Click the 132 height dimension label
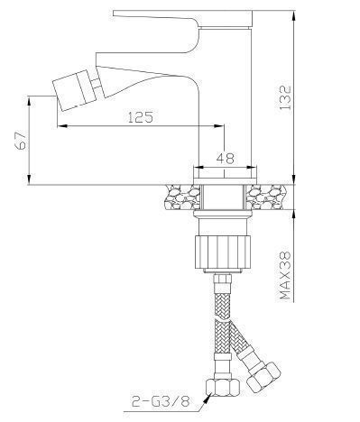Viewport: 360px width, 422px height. [x=284, y=98]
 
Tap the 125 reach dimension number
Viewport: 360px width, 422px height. [x=141, y=116]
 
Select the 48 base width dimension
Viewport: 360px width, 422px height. [x=225, y=158]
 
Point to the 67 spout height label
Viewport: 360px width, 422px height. [x=22, y=141]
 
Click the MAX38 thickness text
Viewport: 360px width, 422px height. [x=285, y=275]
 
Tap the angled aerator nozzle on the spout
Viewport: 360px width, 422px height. [x=73, y=90]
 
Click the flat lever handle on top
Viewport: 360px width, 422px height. [x=183, y=19]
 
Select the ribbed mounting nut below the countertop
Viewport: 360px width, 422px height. [x=223, y=252]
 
